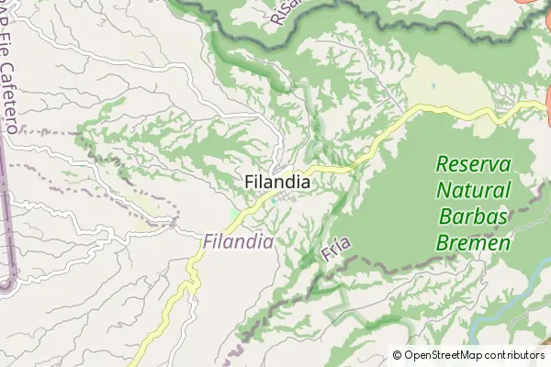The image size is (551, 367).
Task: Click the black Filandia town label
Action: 277,183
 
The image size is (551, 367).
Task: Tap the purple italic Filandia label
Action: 238,242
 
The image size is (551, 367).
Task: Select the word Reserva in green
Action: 473,165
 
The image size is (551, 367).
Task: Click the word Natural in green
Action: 473,192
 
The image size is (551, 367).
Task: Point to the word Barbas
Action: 473,217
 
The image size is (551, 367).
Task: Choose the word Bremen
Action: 473,244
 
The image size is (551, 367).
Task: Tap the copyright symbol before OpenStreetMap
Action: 398,355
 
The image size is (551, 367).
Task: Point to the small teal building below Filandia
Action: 274,202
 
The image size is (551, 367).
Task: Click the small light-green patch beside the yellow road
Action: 235,215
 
